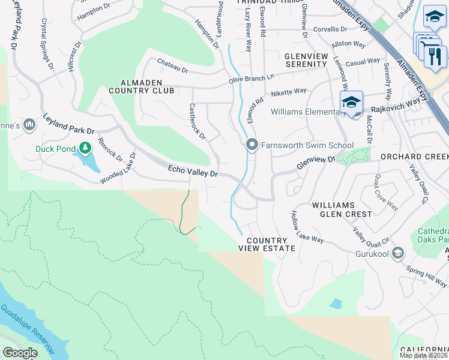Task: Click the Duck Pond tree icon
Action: [85, 148]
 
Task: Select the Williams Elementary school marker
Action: [352, 102]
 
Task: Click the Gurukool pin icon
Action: [397, 254]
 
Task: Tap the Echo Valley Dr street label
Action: [193, 173]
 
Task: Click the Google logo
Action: [20, 353]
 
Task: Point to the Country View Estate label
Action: [267, 244]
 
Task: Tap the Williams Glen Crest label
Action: [342, 209]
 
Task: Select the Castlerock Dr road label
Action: [197, 121]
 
